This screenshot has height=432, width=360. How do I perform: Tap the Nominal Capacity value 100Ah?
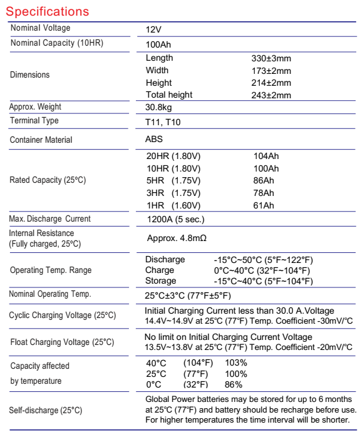pyautogui.click(x=158, y=45)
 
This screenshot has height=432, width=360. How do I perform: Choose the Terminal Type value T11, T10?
pyautogui.click(x=163, y=122)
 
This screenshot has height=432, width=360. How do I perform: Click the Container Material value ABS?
pyautogui.click(x=154, y=140)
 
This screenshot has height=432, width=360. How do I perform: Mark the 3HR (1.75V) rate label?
pyautogui.click(x=173, y=193)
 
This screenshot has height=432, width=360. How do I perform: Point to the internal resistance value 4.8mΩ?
pyautogui.click(x=187, y=238)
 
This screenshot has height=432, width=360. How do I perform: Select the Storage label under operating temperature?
pyautogui.click(x=162, y=281)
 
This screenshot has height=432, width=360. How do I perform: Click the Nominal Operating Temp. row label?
pyautogui.click(x=50, y=294)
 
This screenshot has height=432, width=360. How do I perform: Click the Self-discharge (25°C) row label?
pyautogui.click(x=45, y=410)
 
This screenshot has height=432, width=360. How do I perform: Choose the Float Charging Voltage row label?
pyautogui.click(x=62, y=342)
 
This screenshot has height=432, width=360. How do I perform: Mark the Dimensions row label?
pyautogui.click(x=29, y=75)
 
